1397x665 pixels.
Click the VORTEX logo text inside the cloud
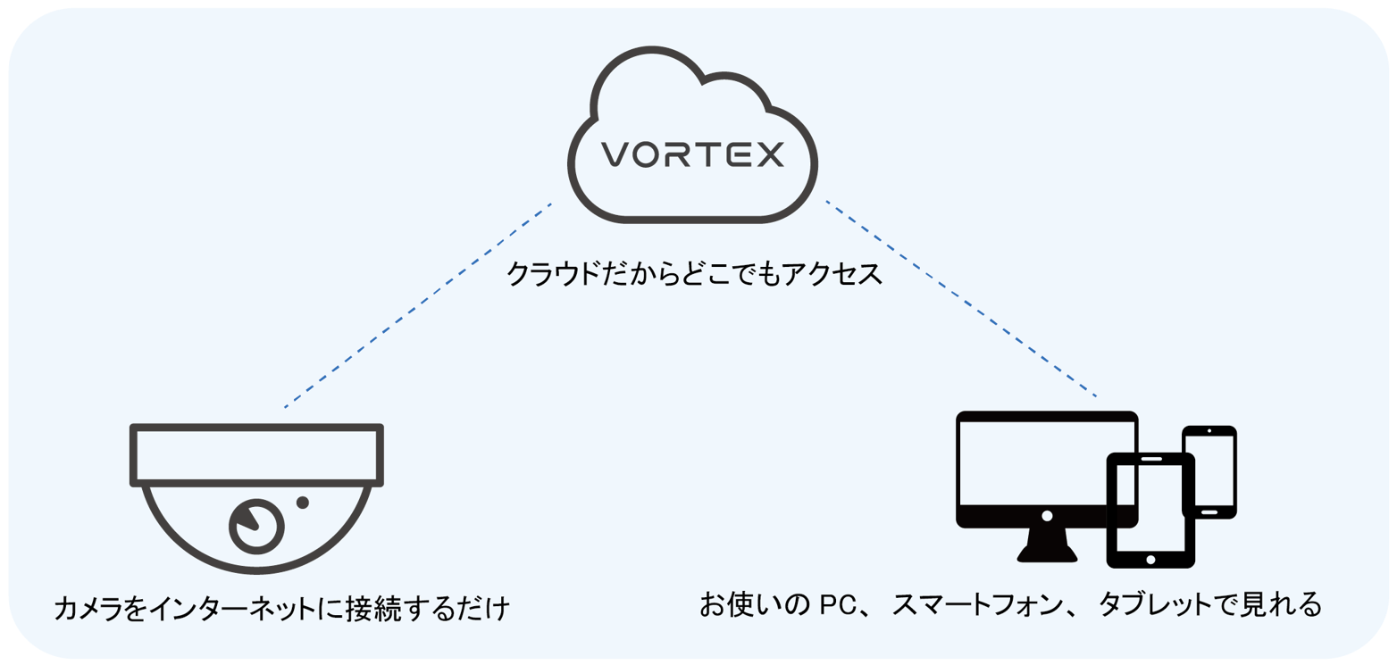692,154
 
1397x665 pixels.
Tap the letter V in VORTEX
614,154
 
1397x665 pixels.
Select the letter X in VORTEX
767,154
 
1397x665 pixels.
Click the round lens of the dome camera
256,524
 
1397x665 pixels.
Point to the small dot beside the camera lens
303,503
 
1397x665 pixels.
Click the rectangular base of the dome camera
256,455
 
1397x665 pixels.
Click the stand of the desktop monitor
1046,544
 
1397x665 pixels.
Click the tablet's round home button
1150,559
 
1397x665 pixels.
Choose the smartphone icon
1209,471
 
